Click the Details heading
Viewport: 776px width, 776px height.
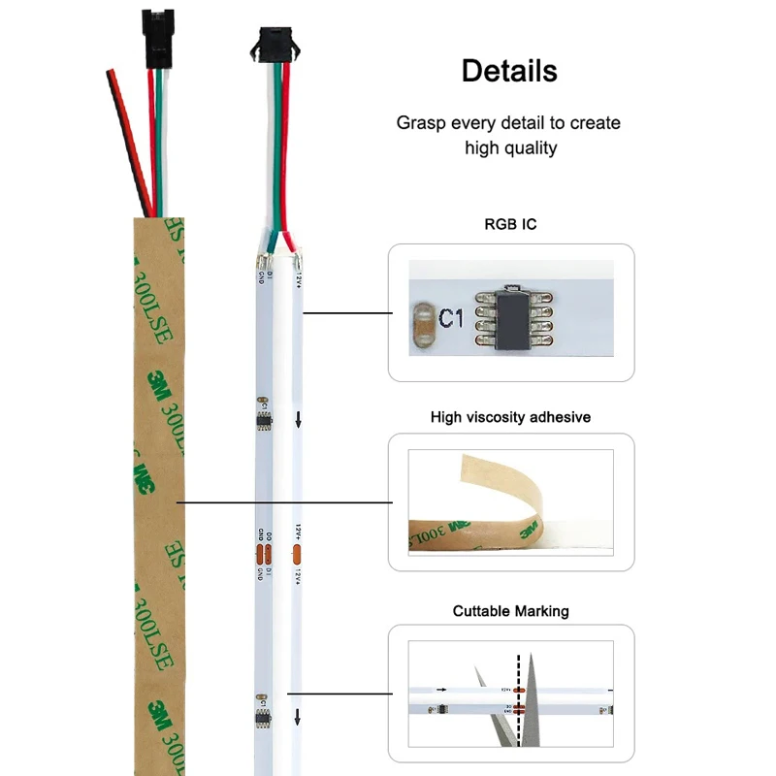(509, 71)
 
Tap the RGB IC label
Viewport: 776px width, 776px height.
(510, 224)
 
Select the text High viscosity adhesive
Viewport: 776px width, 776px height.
(510, 417)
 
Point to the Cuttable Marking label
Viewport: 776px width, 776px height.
(510, 611)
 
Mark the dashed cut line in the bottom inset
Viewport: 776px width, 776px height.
(519, 698)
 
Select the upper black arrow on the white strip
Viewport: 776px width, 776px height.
(298, 420)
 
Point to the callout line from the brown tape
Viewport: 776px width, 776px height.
(281, 502)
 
